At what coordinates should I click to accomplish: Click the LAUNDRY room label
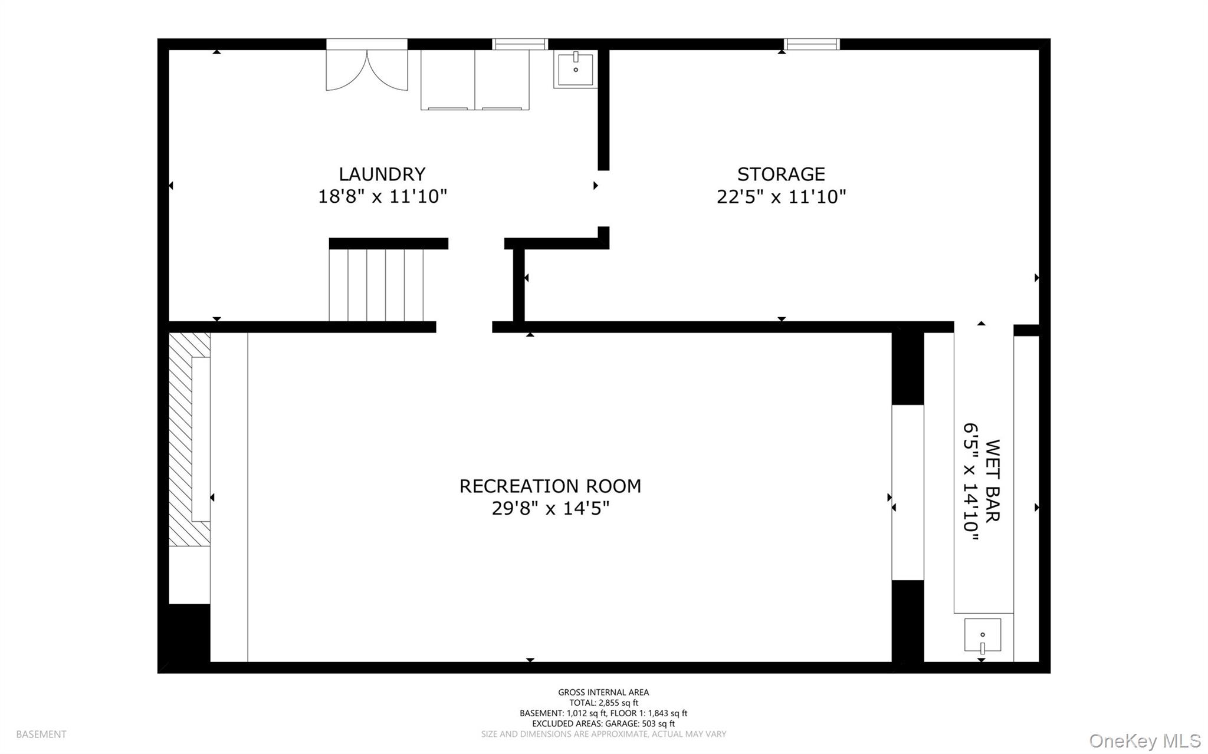[x=382, y=174]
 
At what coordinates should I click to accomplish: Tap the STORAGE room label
[x=781, y=174]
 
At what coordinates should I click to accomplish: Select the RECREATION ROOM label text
[x=550, y=486]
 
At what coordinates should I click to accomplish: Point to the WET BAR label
[x=992, y=480]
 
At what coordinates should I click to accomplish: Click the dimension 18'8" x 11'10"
[x=382, y=196]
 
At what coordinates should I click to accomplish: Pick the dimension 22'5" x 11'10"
[x=781, y=196]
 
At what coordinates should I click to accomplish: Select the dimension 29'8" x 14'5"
[x=550, y=508]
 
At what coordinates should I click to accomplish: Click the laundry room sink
[x=575, y=69]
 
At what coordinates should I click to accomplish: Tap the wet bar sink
[x=982, y=636]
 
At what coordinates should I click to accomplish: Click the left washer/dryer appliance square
[x=448, y=80]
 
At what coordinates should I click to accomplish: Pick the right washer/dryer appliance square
[x=502, y=80]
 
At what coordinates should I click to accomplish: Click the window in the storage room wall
[x=812, y=44]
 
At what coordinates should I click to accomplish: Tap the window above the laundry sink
[x=520, y=44]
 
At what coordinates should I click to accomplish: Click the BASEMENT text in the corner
[x=41, y=735]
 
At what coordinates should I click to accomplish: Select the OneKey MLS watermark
[x=1145, y=740]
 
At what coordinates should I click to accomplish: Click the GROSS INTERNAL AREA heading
[x=603, y=693]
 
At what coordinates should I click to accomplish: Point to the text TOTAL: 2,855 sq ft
[x=603, y=703]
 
